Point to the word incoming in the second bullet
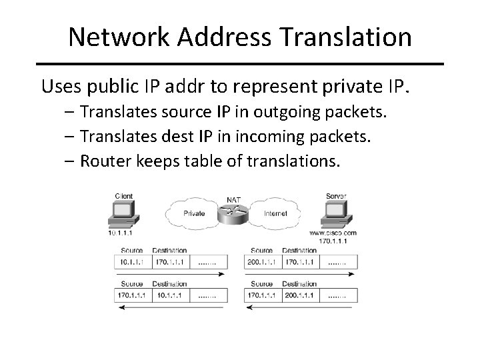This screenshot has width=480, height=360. pyautogui.click(x=283, y=136)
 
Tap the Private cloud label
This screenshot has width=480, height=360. pyautogui.click(x=193, y=214)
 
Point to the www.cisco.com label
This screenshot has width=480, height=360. pyautogui.click(x=332, y=233)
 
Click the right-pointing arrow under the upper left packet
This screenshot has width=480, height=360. pyautogui.click(x=171, y=275)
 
